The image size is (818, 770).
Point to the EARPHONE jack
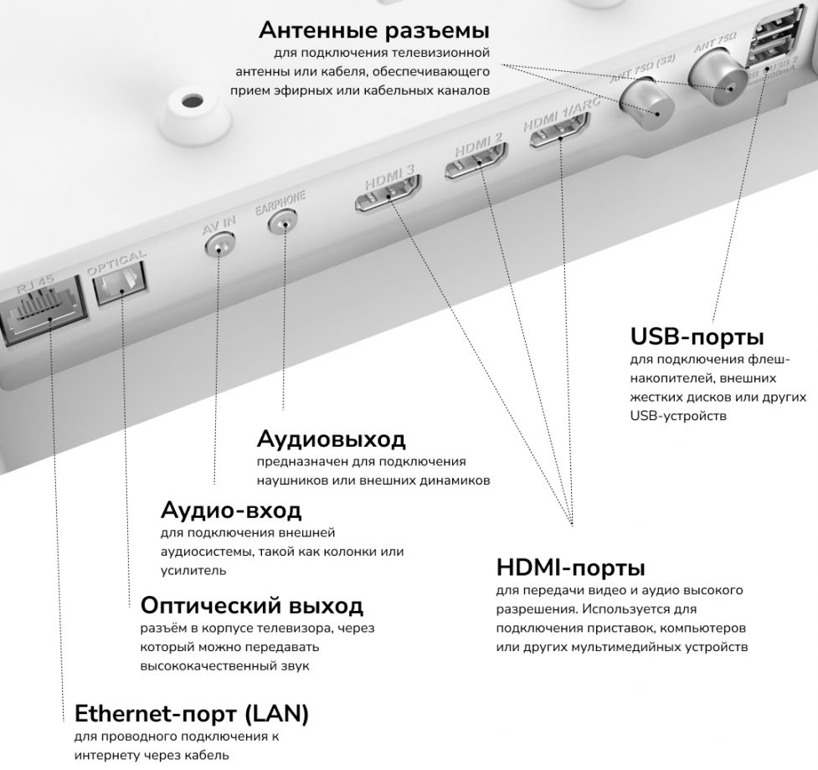[x=282, y=222]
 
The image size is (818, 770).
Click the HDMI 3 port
[x=388, y=193]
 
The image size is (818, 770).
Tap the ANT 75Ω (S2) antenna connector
[x=646, y=105]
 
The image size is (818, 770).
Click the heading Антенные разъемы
[x=374, y=30]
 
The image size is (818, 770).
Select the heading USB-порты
[x=697, y=336]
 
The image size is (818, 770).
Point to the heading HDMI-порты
[x=571, y=567]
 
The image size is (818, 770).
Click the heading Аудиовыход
[x=331, y=439]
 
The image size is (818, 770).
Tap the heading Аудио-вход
[x=230, y=510]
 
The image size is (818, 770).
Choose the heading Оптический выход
[x=251, y=605]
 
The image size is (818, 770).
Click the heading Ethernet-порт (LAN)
[x=192, y=714]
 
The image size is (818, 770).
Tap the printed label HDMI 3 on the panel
[x=389, y=177]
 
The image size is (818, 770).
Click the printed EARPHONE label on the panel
[x=280, y=203]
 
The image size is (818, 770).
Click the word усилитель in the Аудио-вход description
[x=193, y=571]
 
